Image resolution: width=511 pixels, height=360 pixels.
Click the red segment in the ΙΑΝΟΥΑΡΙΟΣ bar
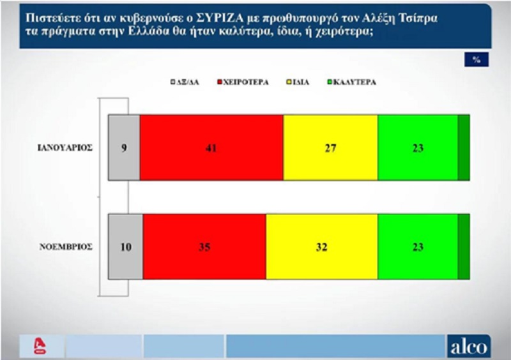click(x=211, y=147)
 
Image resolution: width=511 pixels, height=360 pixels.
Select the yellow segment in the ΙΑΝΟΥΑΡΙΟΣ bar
click(x=330, y=147)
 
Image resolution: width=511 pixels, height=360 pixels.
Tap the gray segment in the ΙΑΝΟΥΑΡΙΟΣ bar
click(x=124, y=147)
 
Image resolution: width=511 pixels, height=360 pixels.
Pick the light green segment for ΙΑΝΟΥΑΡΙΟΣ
click(x=418, y=147)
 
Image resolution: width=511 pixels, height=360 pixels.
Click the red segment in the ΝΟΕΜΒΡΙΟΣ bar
click(x=204, y=246)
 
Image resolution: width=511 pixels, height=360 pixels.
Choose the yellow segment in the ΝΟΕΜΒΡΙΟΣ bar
click(x=322, y=246)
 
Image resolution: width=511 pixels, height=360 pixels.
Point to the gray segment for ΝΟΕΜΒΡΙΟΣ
click(x=125, y=246)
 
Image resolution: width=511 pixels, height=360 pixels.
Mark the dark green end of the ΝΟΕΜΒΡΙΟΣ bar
click(x=464, y=246)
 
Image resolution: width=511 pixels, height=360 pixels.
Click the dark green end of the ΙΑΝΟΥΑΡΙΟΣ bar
click(x=464, y=147)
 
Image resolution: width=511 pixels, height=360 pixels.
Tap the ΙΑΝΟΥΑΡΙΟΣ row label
click(x=65, y=148)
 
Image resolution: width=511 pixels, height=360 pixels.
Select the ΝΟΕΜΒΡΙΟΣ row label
click(x=66, y=246)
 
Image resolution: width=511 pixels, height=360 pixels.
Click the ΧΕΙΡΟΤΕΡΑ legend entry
click(x=243, y=82)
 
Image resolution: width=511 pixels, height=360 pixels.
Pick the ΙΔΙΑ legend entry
click(x=298, y=82)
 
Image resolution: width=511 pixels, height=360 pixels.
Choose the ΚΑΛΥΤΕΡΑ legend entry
click(x=352, y=82)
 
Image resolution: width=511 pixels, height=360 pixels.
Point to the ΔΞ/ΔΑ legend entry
click(x=185, y=82)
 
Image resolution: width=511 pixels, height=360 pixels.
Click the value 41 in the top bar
click(x=211, y=148)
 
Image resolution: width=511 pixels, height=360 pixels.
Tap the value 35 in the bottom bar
click(x=204, y=247)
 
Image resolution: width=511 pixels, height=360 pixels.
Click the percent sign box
click(x=477, y=59)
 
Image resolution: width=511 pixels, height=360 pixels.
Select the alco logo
click(x=469, y=347)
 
